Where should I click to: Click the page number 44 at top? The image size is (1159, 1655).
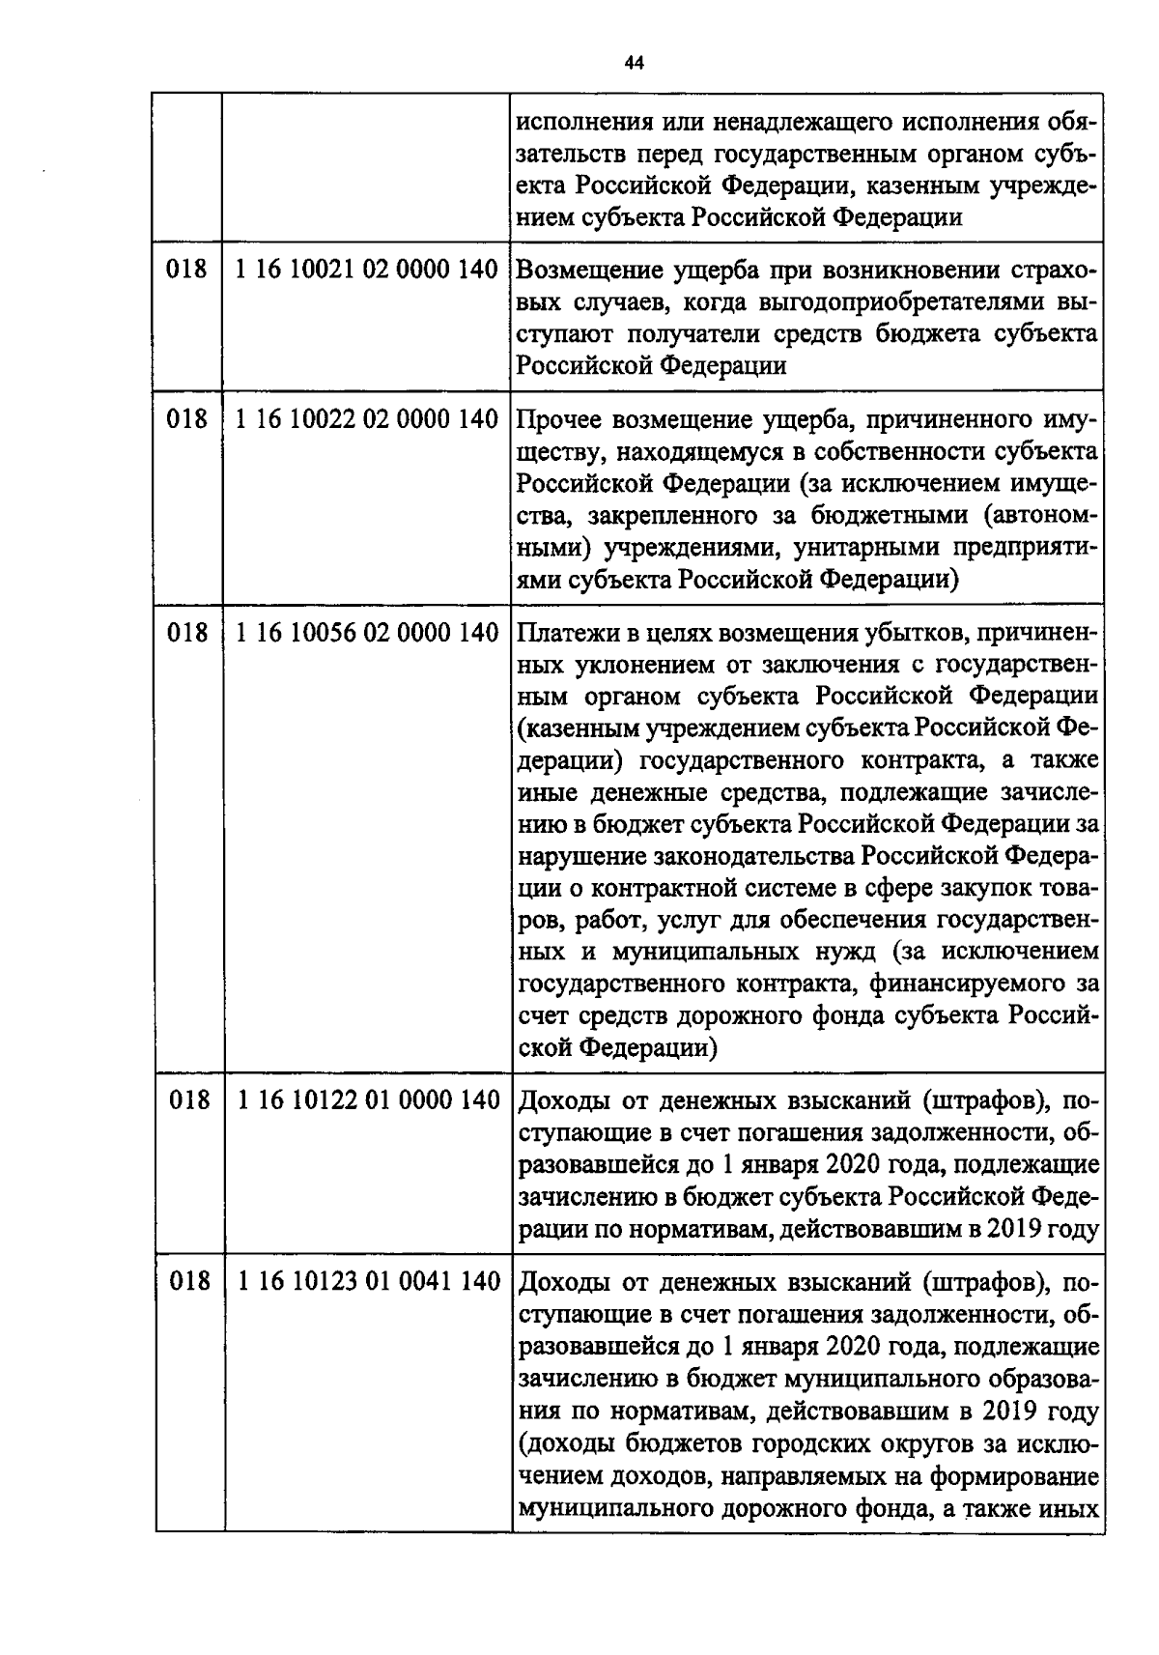click(x=634, y=63)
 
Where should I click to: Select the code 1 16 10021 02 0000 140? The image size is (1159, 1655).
click(x=366, y=269)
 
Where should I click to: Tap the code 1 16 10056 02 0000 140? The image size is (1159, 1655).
click(x=366, y=633)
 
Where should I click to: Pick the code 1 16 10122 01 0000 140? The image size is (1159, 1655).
click(x=368, y=1100)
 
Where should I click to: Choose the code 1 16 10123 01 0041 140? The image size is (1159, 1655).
click(x=368, y=1282)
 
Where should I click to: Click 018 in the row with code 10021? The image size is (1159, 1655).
click(x=187, y=269)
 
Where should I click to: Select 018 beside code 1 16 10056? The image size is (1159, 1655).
click(x=187, y=633)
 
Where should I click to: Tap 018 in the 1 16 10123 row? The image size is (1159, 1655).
click(x=187, y=1282)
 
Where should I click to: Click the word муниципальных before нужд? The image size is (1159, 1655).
click(x=705, y=952)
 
